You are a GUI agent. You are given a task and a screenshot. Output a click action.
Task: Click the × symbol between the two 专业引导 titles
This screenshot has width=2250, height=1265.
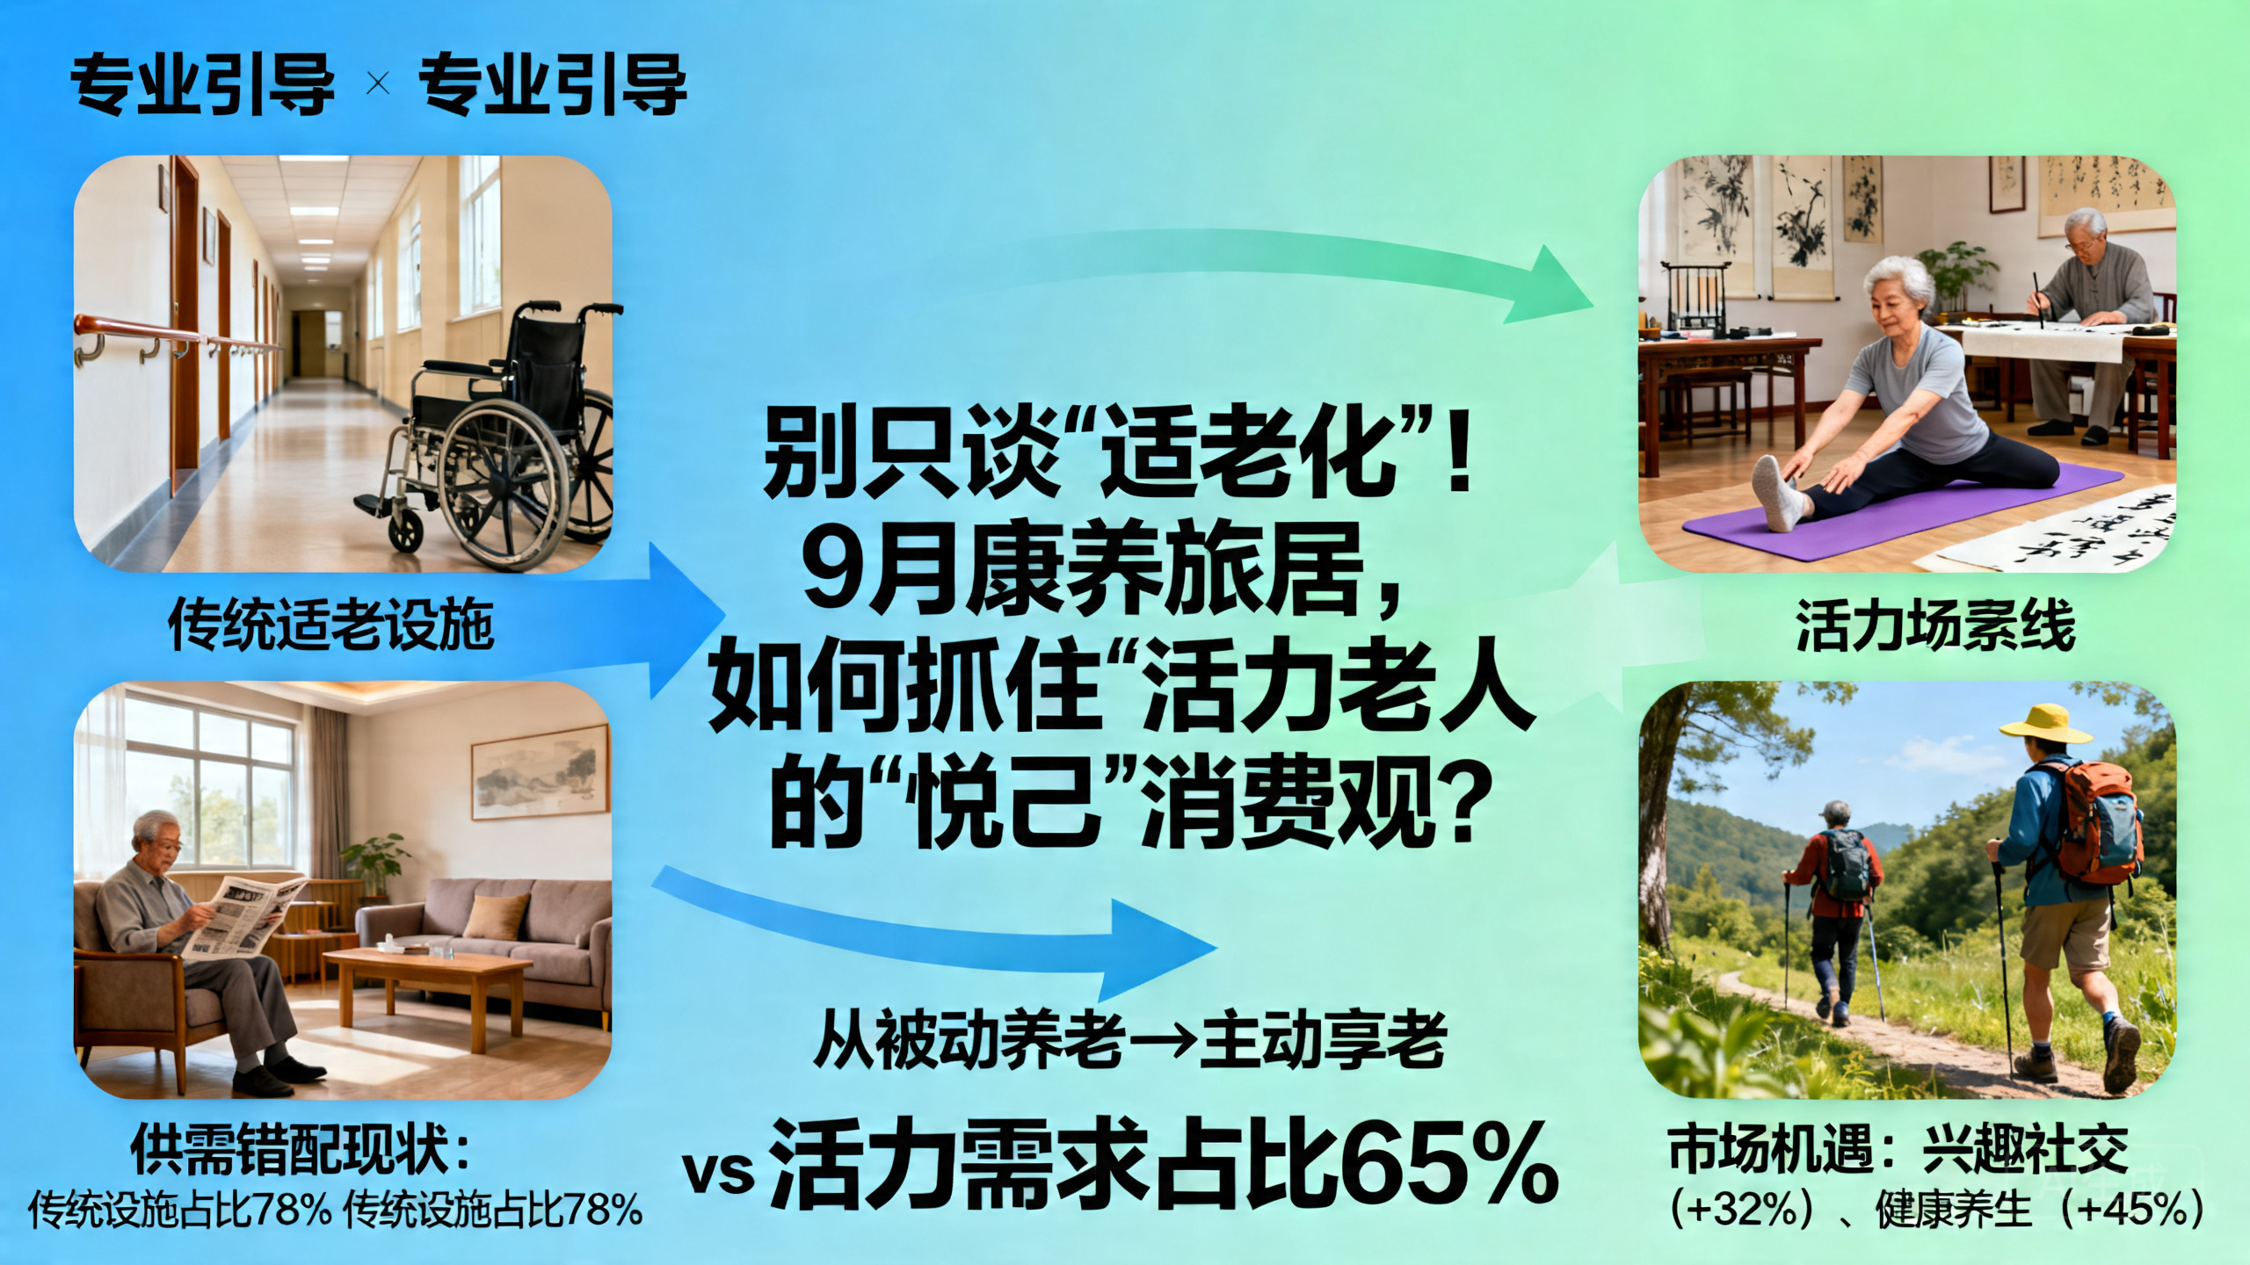(378, 84)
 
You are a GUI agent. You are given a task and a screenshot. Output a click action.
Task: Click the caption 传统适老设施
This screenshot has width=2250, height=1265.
(330, 625)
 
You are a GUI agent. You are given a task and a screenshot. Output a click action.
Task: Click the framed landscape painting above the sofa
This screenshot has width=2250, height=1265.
(541, 771)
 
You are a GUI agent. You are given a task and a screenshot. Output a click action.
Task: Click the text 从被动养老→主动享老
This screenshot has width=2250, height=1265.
(1129, 1040)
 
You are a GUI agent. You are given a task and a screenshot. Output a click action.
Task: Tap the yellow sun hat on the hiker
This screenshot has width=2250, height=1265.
(2044, 725)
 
